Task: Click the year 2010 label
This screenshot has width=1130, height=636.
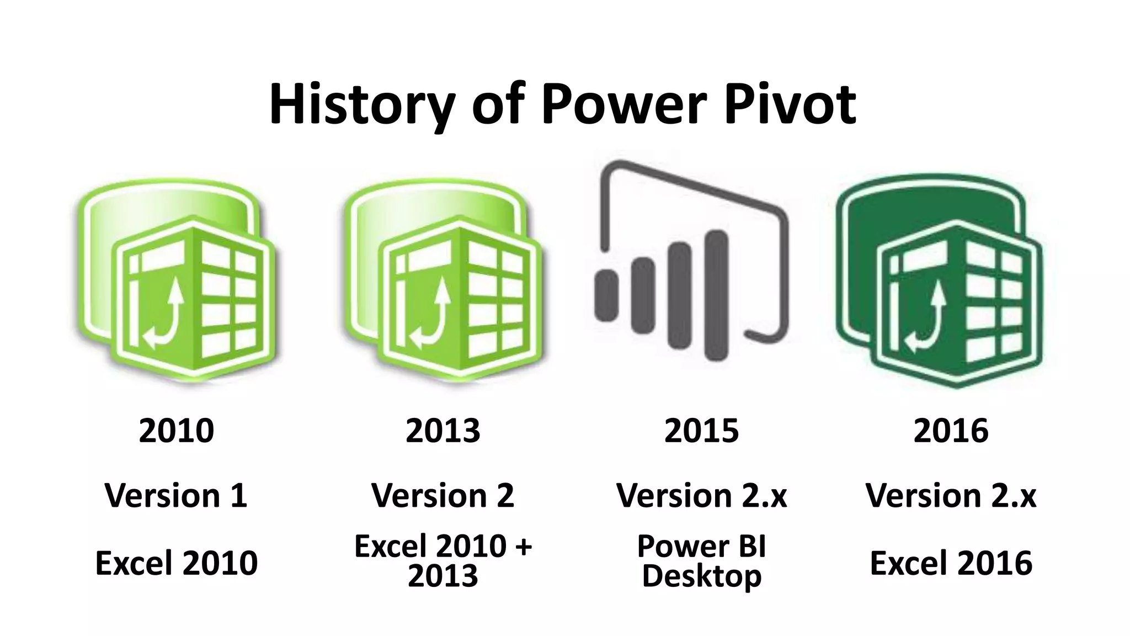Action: [x=176, y=431]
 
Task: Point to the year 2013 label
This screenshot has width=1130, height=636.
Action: [x=443, y=431]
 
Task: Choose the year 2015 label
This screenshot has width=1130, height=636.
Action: [x=701, y=431]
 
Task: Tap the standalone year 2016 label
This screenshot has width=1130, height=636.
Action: [x=951, y=431]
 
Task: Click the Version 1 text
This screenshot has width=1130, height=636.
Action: [x=176, y=495]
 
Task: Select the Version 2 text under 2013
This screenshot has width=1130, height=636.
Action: [x=443, y=495]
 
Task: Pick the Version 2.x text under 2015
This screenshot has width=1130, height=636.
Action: [x=701, y=495]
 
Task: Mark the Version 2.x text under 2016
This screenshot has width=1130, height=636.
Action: [x=951, y=495]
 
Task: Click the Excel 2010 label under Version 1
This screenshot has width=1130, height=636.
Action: [x=176, y=563]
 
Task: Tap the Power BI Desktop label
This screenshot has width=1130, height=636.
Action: [x=701, y=561]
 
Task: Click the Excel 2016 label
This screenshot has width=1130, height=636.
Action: [x=951, y=563]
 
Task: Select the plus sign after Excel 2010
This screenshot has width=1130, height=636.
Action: [x=522, y=547]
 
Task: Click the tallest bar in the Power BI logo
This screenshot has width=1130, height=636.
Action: [x=716, y=295]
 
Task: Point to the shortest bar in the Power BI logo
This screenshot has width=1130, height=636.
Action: [x=606, y=295]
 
